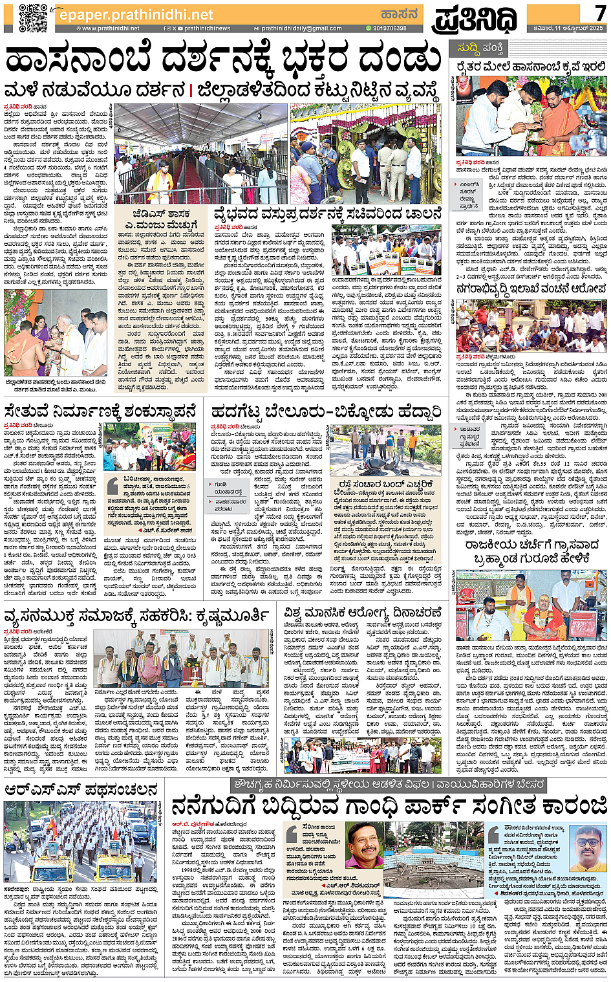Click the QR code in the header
coord(33,17)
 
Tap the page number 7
coord(600,13)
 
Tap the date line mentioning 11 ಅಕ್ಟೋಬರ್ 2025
coord(566,28)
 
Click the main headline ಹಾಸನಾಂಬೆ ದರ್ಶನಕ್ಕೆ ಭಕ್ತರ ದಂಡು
coord(223,60)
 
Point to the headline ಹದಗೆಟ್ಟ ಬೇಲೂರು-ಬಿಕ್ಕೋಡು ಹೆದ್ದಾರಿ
coord(327,411)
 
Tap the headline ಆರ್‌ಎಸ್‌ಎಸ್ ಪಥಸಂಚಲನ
coord(81,790)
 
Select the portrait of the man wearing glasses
coord(588,847)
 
